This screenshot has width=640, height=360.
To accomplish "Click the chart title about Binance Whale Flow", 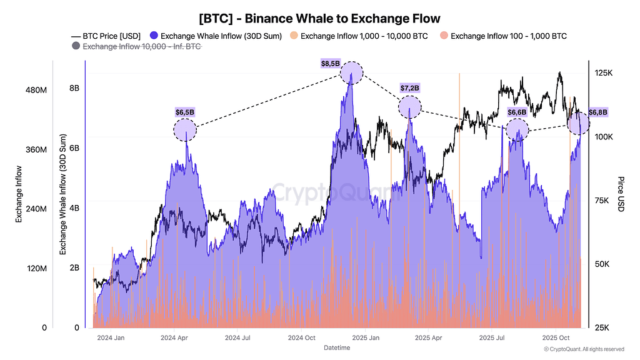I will (319, 19).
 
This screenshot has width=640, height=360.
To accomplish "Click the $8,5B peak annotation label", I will (331, 63).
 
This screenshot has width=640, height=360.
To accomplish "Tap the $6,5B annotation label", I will (185, 112).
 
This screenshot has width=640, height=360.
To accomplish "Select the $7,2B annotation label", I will (409, 88).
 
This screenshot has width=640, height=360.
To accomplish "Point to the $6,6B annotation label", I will (517, 112).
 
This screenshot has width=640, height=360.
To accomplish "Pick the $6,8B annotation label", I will (597, 112).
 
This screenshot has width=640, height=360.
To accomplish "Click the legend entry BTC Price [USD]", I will (106, 36).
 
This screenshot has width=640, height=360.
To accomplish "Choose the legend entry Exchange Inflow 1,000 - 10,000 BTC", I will (359, 36).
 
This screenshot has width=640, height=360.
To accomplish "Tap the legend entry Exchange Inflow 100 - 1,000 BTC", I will (503, 36).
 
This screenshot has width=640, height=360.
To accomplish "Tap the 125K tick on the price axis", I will (604, 73).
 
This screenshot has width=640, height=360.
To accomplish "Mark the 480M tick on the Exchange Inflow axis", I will (34, 91).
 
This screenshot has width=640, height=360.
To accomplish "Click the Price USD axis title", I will (621, 193).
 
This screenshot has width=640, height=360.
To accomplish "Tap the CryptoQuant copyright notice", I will (583, 349).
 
